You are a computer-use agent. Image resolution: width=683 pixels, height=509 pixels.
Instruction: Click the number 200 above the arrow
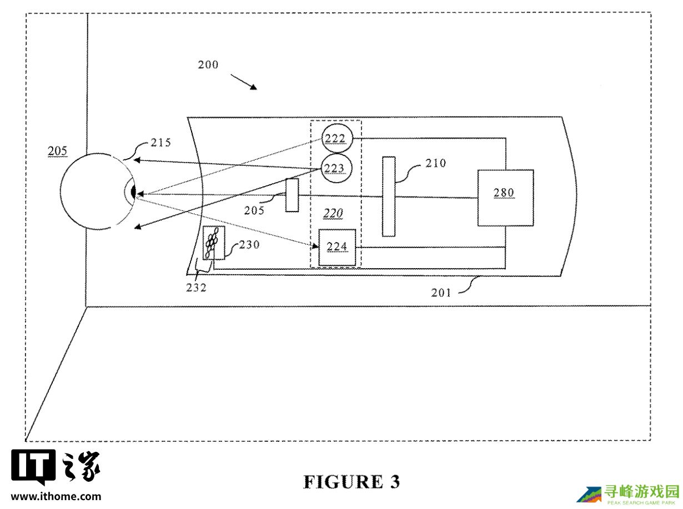pyautogui.click(x=208, y=65)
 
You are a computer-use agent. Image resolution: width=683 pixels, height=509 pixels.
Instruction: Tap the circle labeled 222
pyautogui.click(x=335, y=138)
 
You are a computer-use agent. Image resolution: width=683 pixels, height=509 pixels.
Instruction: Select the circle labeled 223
pyautogui.click(x=335, y=168)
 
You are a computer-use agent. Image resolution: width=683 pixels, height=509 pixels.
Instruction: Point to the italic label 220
pyautogui.click(x=333, y=213)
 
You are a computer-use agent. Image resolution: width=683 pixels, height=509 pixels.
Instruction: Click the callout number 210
pyautogui.click(x=436, y=163)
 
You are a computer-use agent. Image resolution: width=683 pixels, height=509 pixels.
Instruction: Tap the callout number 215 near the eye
pyautogui.click(x=161, y=143)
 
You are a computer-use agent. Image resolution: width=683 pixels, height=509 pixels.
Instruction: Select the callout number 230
pyautogui.click(x=248, y=245)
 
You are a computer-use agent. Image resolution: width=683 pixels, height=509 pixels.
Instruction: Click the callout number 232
pyautogui.click(x=195, y=287)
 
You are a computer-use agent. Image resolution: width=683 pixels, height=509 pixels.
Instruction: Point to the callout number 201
pyautogui.click(x=441, y=293)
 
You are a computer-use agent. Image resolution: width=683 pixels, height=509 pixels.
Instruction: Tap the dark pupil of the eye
pyautogui.click(x=133, y=193)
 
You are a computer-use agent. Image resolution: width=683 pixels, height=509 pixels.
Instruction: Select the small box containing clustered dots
pyautogui.click(x=213, y=243)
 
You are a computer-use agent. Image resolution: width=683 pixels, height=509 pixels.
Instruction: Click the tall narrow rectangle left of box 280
pyautogui.click(x=389, y=196)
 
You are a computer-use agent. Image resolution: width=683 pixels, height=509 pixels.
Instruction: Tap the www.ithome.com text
pyautogui.click(x=56, y=496)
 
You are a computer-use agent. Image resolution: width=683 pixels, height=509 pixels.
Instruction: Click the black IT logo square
pyautogui.click(x=33, y=467)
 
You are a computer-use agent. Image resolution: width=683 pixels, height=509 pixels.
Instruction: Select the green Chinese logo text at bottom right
pyautogui.click(x=642, y=491)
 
